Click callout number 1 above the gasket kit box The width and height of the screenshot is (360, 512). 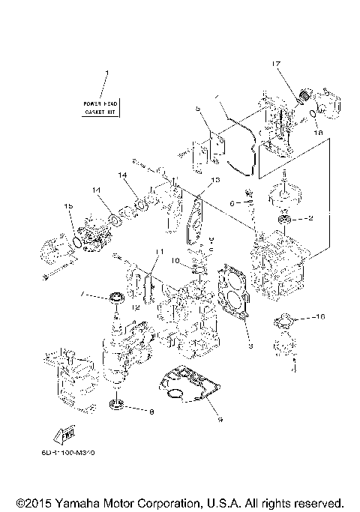pos(106,73)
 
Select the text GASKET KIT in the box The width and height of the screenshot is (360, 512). pos(101,110)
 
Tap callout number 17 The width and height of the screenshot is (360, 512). pos(276,65)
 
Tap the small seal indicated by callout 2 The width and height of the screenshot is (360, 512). pos(285,219)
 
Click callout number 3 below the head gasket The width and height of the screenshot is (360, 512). pos(250,346)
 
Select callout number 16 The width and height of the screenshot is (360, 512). pos(321,318)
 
